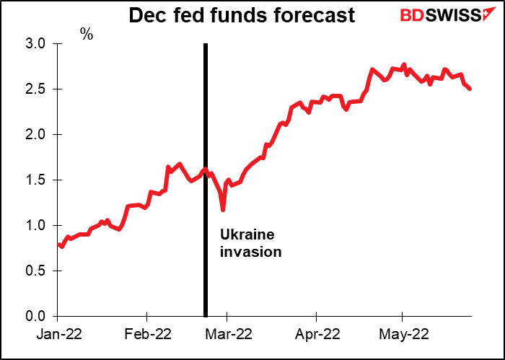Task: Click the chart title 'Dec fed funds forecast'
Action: click(x=242, y=15)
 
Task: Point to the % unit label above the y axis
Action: click(x=87, y=34)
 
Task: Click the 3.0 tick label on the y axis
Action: click(x=34, y=44)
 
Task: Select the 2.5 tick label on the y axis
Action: click(x=34, y=89)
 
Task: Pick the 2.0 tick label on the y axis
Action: click(x=34, y=135)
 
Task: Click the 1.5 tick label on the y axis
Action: click(x=34, y=180)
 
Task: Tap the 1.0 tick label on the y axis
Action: click(x=34, y=226)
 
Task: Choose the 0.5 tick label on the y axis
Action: click(x=34, y=271)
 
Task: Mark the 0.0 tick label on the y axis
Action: click(x=34, y=317)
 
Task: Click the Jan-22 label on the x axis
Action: click(x=57, y=334)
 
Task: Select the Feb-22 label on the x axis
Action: click(x=146, y=334)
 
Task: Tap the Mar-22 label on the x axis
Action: click(x=227, y=334)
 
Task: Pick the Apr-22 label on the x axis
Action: click(x=316, y=334)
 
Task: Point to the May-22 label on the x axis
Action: click(x=402, y=334)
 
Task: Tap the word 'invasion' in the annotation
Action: click(x=250, y=253)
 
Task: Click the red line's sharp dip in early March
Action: click(x=223, y=210)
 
